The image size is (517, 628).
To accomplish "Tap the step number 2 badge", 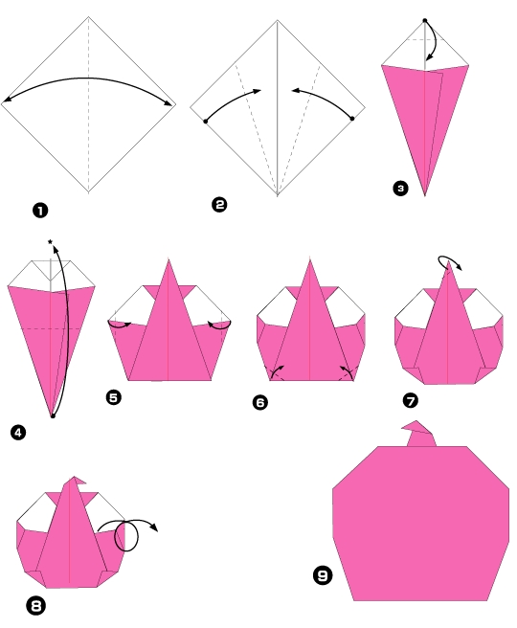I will tap(220, 204).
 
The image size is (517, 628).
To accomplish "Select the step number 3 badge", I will tap(399, 189).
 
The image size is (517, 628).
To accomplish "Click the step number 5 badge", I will tap(115, 395).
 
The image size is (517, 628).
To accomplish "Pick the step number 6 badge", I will tap(259, 402).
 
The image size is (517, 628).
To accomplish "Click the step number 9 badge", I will tap(322, 575).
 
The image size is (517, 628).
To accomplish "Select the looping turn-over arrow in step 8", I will tap(134, 532).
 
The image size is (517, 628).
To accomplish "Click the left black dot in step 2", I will tap(206, 122).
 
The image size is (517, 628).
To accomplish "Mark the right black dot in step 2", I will tap(352, 119).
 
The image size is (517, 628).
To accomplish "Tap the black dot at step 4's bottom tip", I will tap(52, 415).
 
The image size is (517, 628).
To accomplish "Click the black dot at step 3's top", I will tap(424, 19).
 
